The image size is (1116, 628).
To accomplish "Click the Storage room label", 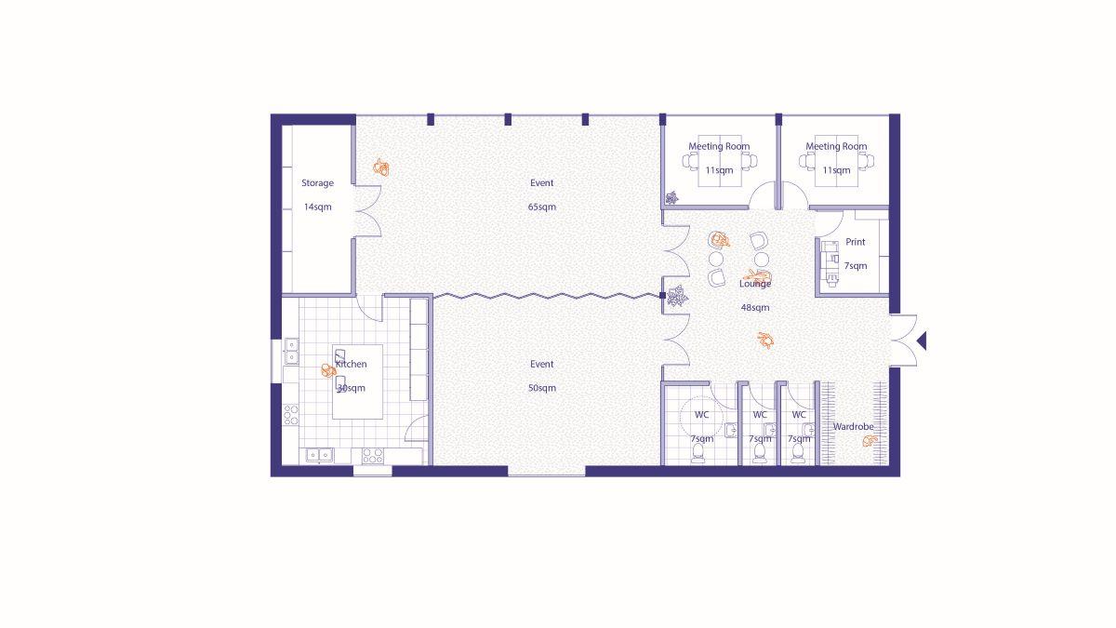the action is tap(317, 183).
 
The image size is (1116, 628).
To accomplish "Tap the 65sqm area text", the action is tap(541, 207).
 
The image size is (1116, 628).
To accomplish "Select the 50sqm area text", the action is tap(541, 388).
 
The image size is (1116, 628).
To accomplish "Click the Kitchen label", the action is tap(352, 365).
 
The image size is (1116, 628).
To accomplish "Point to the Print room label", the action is tap(856, 242).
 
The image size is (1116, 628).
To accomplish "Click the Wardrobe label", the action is tap(854, 427).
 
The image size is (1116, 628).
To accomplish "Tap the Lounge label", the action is tap(755, 284).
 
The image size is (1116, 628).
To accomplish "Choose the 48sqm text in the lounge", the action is tap(755, 308).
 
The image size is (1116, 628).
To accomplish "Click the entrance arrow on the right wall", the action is tap(922, 341).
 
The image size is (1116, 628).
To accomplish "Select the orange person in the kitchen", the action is tap(327, 371).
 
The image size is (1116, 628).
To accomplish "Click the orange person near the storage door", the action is tap(381, 167).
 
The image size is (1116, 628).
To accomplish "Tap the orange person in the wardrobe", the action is tap(870, 441).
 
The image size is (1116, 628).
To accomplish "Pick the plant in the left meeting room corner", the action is tap(671, 198).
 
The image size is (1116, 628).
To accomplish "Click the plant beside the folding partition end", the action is tap(678, 296).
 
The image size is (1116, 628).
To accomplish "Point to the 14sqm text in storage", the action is tap(317, 207).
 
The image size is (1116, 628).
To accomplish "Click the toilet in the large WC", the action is tap(698, 453).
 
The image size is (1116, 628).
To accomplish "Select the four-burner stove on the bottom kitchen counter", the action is tap(373, 456).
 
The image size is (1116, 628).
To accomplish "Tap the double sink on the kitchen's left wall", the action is tap(291, 351).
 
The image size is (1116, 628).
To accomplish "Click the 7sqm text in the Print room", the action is tap(856, 266).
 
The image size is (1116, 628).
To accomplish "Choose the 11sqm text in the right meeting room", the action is tap(836, 170).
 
